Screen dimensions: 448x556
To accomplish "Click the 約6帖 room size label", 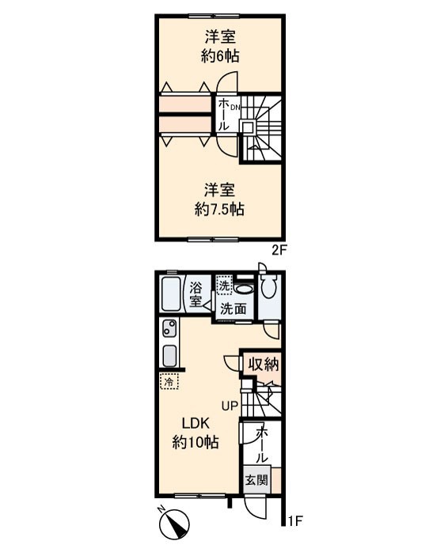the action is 220,56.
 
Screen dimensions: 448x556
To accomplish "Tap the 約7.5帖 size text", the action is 219,210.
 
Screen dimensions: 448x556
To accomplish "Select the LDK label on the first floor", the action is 196,423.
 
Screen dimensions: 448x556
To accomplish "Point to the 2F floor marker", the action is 279,251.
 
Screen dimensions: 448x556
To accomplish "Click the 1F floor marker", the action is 295,520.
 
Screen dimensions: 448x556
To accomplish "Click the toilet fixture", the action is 268,284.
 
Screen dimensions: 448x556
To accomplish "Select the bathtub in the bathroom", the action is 171,294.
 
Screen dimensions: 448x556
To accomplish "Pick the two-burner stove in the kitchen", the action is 169,328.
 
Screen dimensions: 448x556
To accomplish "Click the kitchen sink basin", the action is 169,356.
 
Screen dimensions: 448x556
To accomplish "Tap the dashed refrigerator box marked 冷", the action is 169,381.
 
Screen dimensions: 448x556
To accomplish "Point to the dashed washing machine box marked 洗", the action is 224,286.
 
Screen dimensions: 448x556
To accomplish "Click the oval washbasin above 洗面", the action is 244,289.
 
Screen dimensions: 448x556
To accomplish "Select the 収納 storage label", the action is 264,364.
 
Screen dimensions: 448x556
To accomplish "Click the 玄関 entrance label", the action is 257,480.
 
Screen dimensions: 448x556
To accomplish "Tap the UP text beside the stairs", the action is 230,405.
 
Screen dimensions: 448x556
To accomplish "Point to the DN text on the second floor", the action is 236,108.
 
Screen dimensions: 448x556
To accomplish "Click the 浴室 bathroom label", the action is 196,294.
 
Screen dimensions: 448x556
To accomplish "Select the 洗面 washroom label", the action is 233,309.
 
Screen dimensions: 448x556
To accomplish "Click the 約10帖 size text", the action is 196,442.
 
